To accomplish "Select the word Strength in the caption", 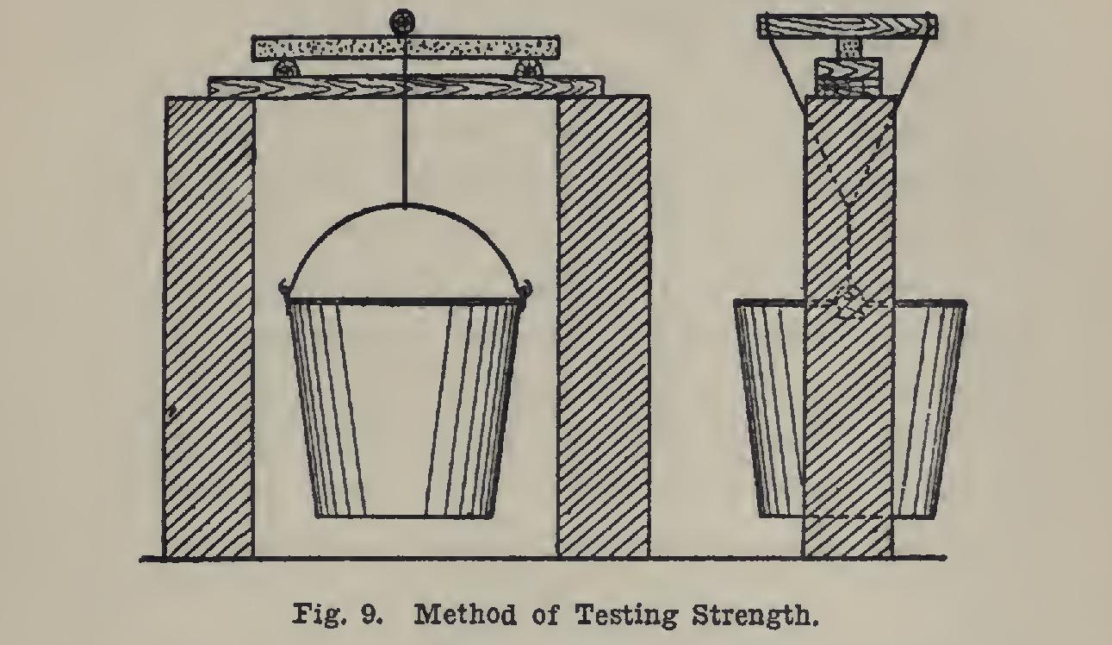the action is click(754, 616).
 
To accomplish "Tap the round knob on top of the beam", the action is click(401, 22).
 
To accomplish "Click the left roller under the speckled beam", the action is click(283, 69).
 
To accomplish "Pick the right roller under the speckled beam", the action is click(528, 69).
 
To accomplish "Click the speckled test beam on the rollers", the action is click(406, 48).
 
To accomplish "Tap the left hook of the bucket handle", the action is click(284, 289).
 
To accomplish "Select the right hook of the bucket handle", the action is click(526, 289).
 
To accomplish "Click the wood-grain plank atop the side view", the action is click(847, 27).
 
